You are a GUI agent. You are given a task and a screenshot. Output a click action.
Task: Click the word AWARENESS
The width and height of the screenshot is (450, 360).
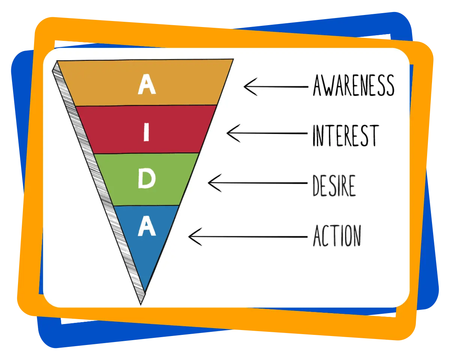tap(353, 85)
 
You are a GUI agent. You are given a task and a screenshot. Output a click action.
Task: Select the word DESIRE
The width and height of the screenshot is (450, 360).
tap(334, 185)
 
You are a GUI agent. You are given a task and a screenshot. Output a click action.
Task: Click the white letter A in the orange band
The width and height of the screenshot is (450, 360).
tap(147, 85)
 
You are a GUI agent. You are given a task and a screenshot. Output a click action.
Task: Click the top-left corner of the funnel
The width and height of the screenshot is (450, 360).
tap(57, 61)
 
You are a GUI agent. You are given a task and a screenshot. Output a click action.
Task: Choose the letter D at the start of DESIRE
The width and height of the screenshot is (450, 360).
tap(317, 185)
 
